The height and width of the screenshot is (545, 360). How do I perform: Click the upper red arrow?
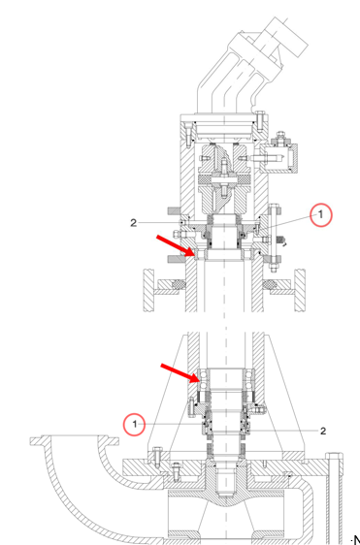(176, 245)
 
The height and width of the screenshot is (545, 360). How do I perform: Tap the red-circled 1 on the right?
(320, 215)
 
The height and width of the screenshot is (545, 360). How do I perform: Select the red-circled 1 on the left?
(135, 424)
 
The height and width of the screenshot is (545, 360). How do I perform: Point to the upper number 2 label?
(134, 223)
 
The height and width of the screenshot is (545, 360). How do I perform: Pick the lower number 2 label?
(323, 432)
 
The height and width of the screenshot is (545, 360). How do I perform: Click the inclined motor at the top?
(252, 64)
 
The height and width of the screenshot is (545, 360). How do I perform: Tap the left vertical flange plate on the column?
(149, 290)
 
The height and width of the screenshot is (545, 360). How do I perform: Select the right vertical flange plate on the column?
(300, 290)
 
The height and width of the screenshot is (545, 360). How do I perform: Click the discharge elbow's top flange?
(74, 440)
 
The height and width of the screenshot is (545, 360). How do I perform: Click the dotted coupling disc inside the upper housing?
(224, 179)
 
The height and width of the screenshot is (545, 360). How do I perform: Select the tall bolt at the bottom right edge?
(336, 497)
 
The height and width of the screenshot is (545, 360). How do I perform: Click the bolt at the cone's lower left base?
(157, 457)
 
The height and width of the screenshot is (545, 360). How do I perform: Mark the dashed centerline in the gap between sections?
(225, 322)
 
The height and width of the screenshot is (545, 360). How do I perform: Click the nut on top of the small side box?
(280, 137)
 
